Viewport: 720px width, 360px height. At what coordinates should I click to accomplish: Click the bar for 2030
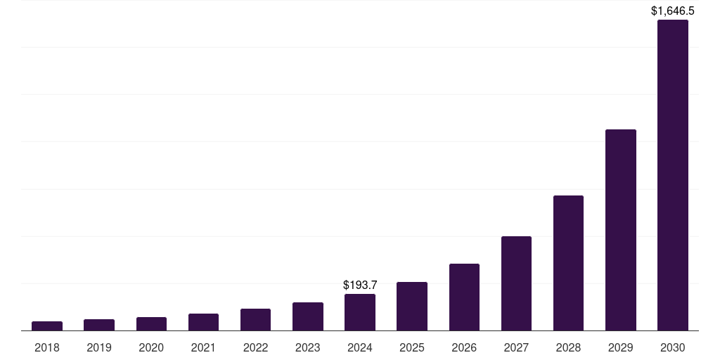point(672,175)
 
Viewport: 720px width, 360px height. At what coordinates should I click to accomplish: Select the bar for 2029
point(620,230)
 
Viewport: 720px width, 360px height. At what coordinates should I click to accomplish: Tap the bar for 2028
point(568,263)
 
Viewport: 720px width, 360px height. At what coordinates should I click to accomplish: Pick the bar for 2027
point(516,283)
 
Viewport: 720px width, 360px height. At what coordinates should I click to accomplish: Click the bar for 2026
point(464,297)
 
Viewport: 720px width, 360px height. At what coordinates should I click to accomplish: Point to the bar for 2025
point(412,306)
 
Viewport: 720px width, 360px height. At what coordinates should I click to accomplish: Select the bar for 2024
point(360,312)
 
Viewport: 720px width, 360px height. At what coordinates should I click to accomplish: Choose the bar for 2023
point(308,316)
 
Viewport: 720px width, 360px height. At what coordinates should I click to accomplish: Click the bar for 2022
point(255,319)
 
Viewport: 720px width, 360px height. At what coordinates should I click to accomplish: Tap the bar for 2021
point(203,322)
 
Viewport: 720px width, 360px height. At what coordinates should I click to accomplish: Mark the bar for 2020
point(151,323)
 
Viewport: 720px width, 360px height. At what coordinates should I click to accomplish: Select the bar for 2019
point(99,325)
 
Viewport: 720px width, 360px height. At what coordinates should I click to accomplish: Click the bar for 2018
point(47,326)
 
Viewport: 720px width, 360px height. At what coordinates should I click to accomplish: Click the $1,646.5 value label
point(672,11)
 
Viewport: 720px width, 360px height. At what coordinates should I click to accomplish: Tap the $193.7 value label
point(360,285)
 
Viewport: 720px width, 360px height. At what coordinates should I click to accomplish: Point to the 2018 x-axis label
point(47,347)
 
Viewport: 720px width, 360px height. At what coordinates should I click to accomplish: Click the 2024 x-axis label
point(360,347)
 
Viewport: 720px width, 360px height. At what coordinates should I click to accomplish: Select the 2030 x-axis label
point(672,347)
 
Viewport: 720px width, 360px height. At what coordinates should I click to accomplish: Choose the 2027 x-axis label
point(516,347)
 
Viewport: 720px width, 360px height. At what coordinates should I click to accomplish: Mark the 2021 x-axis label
point(203,347)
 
